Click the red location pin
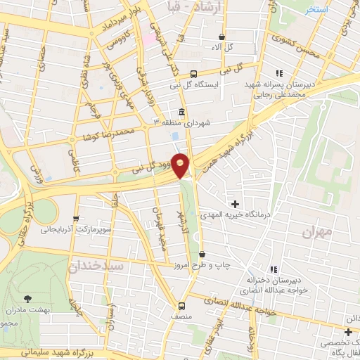tap(181, 165)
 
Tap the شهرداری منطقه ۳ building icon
tap(181, 113)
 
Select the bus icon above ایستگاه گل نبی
tap(194, 73)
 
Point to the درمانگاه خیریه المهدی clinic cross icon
tap(235, 203)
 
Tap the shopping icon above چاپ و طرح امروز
tap(202, 254)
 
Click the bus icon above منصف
tap(182, 306)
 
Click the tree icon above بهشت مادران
tap(28, 299)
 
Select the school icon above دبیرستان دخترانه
tap(274, 269)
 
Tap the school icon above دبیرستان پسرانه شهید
tap(279, 73)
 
